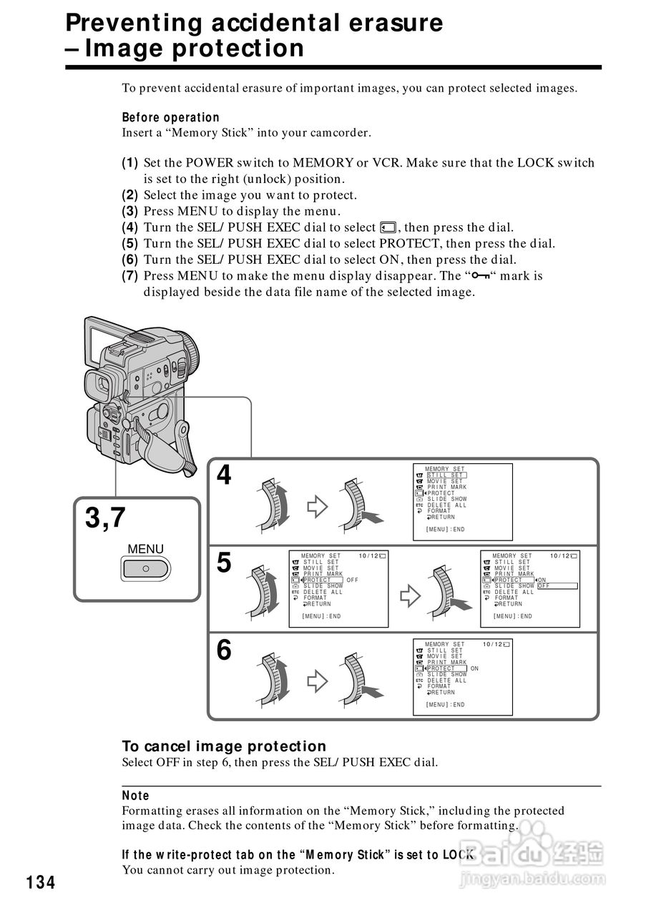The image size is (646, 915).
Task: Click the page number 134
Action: (41, 883)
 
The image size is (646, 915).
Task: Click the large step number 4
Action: (225, 475)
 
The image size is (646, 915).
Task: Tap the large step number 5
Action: (225, 563)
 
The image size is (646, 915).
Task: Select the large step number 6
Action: (225, 651)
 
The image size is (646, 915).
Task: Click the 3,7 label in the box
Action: (106, 518)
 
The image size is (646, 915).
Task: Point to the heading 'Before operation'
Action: (170, 117)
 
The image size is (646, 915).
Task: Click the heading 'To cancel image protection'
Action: (224, 746)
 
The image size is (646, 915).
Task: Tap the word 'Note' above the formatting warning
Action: (136, 796)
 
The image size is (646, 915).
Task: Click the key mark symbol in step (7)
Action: (484, 276)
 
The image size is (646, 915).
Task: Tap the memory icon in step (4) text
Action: (388, 228)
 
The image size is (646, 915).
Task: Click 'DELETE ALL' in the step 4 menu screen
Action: (446, 505)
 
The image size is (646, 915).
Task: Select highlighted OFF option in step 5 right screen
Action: (544, 586)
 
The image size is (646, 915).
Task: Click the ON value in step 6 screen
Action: (474, 668)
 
